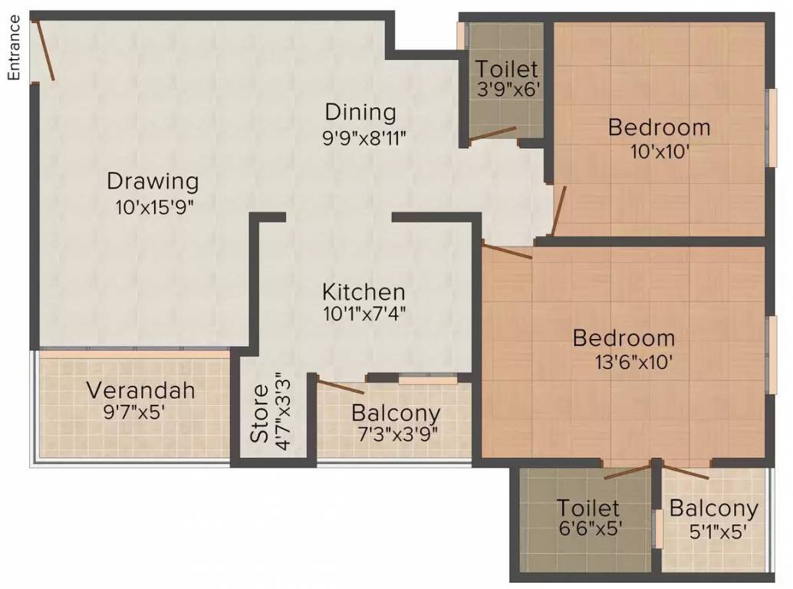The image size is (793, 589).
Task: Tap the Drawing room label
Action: pyautogui.click(x=153, y=182)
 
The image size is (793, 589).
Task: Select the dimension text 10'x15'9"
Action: pyautogui.click(x=153, y=206)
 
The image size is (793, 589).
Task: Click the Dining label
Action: pyautogui.click(x=360, y=112)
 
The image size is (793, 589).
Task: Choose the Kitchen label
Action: pyautogui.click(x=363, y=291)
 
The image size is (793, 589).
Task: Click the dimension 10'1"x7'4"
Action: pyautogui.click(x=363, y=313)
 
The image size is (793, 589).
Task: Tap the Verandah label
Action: pyautogui.click(x=140, y=390)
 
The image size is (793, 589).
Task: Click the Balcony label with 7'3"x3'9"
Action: pyautogui.click(x=396, y=413)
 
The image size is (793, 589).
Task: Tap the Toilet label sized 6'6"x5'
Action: pyautogui.click(x=588, y=508)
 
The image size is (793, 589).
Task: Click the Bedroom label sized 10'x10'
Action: pyautogui.click(x=659, y=127)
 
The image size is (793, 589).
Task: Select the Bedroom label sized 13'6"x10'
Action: pyautogui.click(x=624, y=337)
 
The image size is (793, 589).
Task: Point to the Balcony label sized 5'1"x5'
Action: pyautogui.click(x=713, y=508)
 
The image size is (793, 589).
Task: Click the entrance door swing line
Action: pyautogui.click(x=44, y=50)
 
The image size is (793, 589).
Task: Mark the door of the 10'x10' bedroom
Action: pyautogui.click(x=558, y=209)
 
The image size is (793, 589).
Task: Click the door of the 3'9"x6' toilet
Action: pyautogui.click(x=493, y=133)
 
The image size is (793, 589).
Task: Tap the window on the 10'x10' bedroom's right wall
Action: pyautogui.click(x=770, y=127)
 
